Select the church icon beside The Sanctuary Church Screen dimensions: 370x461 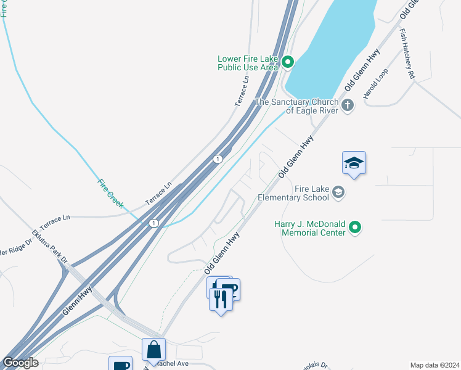[x=348, y=104]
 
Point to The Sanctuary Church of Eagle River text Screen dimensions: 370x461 [x=296, y=106]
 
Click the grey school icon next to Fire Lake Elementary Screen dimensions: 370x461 [x=338, y=193]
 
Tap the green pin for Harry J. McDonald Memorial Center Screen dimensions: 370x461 [x=354, y=228]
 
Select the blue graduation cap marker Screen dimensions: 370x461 [x=354, y=163]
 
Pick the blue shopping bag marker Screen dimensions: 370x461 [x=153, y=350]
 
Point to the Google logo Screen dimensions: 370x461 [x=20, y=363]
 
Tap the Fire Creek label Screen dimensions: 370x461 [x=111, y=192]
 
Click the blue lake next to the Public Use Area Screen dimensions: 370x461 [x=333, y=43]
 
